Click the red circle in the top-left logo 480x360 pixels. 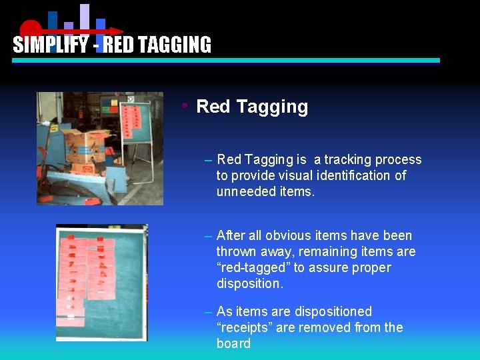tap(30, 30)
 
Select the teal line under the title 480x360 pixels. tap(227, 60)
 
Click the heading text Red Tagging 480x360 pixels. tap(252, 107)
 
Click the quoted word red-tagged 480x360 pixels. tap(253, 267)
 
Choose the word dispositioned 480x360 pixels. tap(331, 311)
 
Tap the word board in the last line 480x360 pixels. tap(233, 343)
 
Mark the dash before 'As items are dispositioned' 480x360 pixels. tap(209, 312)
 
